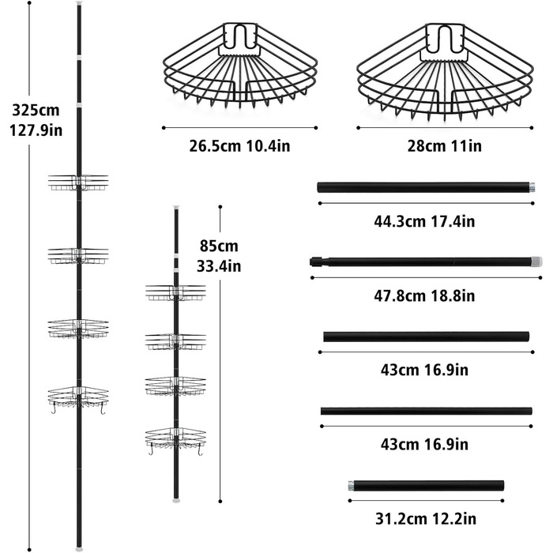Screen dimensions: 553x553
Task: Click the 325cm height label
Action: click(x=36, y=110)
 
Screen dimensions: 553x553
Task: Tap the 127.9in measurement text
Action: click(x=36, y=130)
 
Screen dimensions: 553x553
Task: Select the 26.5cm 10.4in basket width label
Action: click(x=239, y=146)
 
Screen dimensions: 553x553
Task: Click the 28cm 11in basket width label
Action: click(x=444, y=146)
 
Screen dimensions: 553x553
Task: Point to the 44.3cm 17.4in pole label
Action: click(x=424, y=221)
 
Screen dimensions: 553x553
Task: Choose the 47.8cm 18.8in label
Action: click(x=424, y=295)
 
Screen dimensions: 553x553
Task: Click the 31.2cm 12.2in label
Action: click(x=426, y=519)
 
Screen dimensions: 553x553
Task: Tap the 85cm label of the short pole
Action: click(x=219, y=246)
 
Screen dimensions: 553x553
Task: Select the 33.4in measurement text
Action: click(x=219, y=266)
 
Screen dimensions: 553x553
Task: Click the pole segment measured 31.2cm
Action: click(x=426, y=486)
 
